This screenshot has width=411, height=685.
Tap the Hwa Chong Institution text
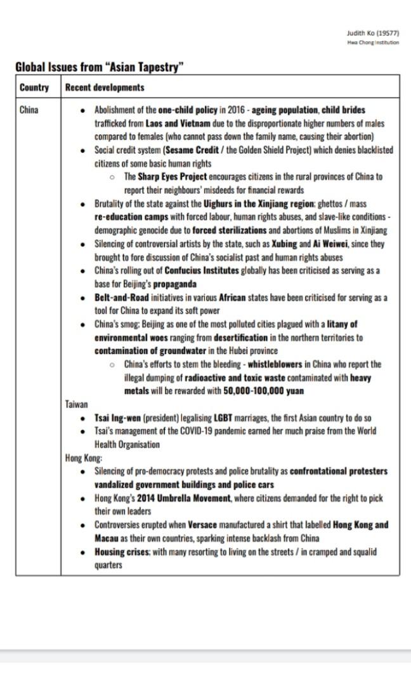click(373, 42)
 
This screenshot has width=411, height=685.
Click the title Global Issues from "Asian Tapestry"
click(100, 67)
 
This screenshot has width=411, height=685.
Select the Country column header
click(34, 88)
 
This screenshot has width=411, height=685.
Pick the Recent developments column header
click(105, 88)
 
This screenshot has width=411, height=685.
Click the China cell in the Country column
click(29, 110)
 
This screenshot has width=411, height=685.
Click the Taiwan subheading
click(76, 404)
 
